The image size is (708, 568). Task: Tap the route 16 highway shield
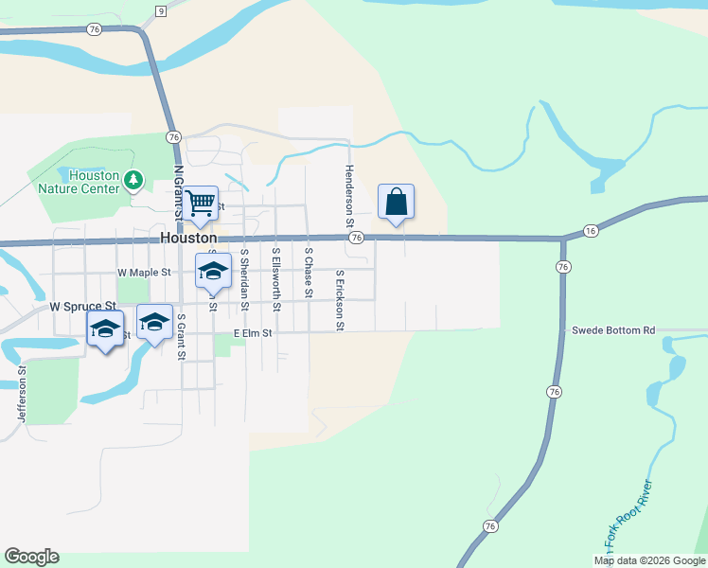coord(591,230)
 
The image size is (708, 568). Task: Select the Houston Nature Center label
coord(79,182)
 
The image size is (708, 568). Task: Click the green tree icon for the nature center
coord(134,178)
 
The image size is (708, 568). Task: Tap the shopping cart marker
coord(200,203)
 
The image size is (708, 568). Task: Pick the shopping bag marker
coord(396,202)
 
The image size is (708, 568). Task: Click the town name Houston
coord(188,239)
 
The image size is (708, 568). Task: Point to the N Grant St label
coord(178,190)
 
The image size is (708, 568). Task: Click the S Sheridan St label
coord(244,278)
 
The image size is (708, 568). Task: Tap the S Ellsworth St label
coord(276,278)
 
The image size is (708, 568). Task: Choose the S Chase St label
coord(309,273)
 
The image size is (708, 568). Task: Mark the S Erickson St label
coord(340,300)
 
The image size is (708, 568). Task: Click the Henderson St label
coord(348,196)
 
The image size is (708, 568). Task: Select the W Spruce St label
coord(82,307)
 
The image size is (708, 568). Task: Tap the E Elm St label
coord(253,333)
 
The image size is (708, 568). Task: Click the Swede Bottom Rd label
coord(613,331)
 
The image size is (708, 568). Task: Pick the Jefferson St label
coord(20,396)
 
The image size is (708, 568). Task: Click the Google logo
coord(31,557)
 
